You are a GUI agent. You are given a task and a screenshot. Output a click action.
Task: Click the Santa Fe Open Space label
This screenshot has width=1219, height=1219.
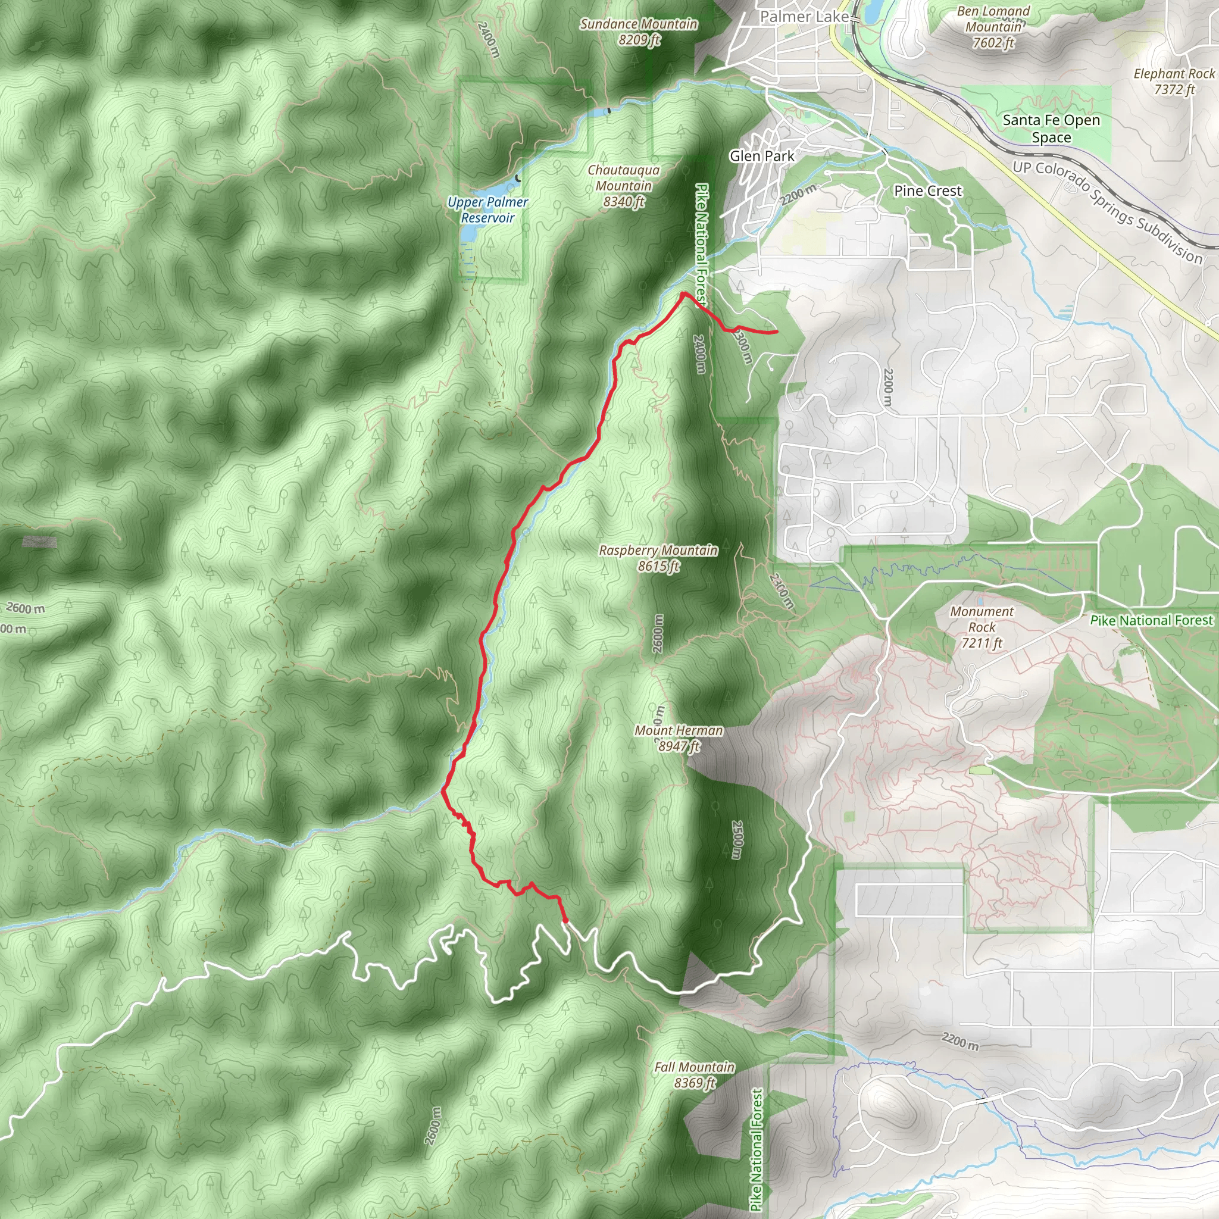pyautogui.click(x=1051, y=129)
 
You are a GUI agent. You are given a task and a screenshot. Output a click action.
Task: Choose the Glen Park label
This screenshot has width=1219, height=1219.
pyautogui.click(x=761, y=156)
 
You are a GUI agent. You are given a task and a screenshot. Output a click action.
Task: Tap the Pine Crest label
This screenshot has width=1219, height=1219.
pyautogui.click(x=927, y=190)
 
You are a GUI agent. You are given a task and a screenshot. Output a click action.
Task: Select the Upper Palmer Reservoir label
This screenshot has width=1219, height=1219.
pyautogui.click(x=487, y=210)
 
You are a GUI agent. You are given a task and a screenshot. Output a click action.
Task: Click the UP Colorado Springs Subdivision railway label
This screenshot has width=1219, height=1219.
pyautogui.click(x=1107, y=211)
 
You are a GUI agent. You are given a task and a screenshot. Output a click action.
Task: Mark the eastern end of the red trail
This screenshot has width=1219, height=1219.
pyautogui.click(x=776, y=332)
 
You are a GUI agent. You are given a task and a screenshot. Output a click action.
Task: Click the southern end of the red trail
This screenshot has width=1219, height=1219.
pyautogui.click(x=565, y=922)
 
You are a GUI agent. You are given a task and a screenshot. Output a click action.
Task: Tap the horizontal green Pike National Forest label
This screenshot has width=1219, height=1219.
pyautogui.click(x=1151, y=620)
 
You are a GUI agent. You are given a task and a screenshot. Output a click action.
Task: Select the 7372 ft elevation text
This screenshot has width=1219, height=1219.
pyautogui.click(x=1174, y=90)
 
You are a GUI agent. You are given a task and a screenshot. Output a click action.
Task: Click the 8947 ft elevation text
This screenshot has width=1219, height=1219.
pyautogui.click(x=680, y=746)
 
